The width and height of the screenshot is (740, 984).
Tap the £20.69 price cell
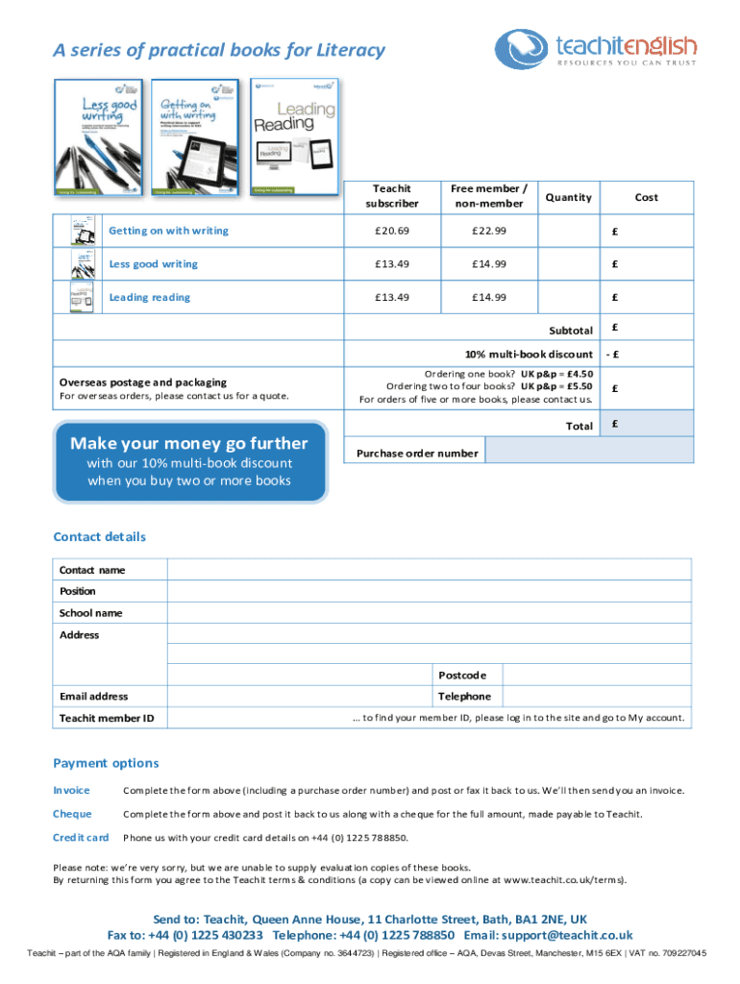[392, 231]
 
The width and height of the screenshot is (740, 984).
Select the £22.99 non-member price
[488, 231]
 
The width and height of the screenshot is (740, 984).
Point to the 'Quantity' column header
[568, 197]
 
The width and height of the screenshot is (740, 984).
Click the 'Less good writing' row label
[153, 264]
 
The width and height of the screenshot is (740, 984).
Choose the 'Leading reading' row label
[149, 298]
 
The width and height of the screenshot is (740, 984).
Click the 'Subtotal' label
[571, 331]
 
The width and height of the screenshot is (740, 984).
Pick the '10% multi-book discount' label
[530, 355]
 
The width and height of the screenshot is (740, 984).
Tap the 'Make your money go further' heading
[189, 443]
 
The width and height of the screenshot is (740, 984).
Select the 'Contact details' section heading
[100, 537]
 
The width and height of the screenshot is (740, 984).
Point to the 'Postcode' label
[463, 675]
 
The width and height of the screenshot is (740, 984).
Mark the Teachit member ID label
[107, 719]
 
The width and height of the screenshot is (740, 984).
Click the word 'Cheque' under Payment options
[72, 814]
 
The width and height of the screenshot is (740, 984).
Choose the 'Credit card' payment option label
[80, 838]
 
